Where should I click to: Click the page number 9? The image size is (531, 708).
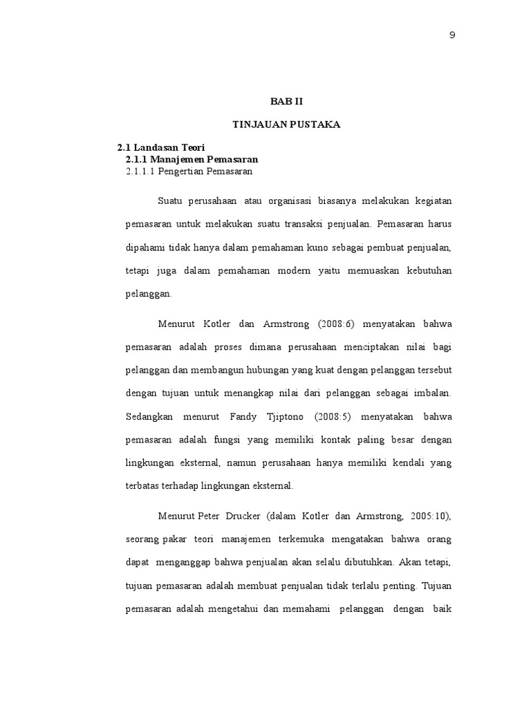(x=452, y=35)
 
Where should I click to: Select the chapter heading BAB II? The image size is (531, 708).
(x=286, y=100)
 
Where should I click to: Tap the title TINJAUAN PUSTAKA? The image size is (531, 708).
(x=286, y=124)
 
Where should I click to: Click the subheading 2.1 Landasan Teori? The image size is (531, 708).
(x=160, y=148)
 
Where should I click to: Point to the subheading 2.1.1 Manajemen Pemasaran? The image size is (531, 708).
(x=191, y=159)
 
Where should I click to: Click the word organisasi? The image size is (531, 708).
(x=285, y=201)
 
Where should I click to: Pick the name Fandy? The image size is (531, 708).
(x=223, y=417)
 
